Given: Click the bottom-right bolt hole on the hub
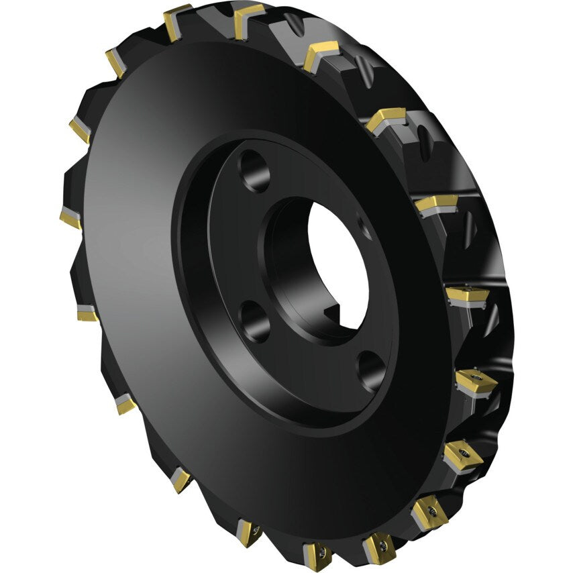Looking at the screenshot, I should coord(371,370).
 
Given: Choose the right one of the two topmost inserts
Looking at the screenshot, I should coord(247,17).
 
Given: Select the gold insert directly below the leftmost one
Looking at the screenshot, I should coord(87,313).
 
